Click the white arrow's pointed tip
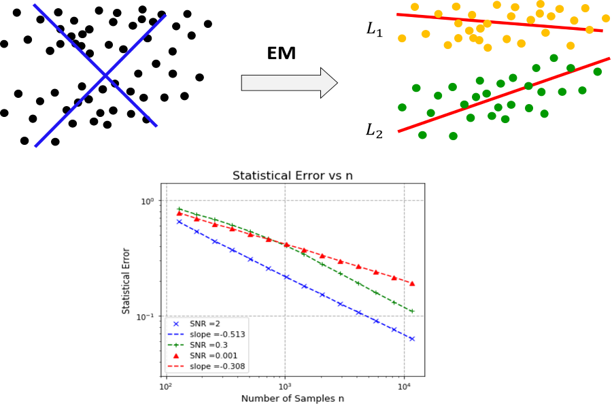[x=336, y=83]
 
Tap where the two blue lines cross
[x=105, y=76]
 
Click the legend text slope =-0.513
[x=217, y=335]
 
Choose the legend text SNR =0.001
[x=213, y=356]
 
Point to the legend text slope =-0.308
[x=217, y=367]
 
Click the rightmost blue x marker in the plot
[x=412, y=339]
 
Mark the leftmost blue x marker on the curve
[x=179, y=222]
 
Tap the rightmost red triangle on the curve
[x=412, y=283]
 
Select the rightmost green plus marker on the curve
[x=412, y=311]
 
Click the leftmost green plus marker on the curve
[x=179, y=209]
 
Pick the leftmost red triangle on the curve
[x=179, y=214]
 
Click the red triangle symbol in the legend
[x=175, y=356]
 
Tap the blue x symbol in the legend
[x=175, y=324]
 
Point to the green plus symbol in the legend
[x=175, y=345]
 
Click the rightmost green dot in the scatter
[x=597, y=71]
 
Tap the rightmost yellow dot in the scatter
[x=606, y=18]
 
